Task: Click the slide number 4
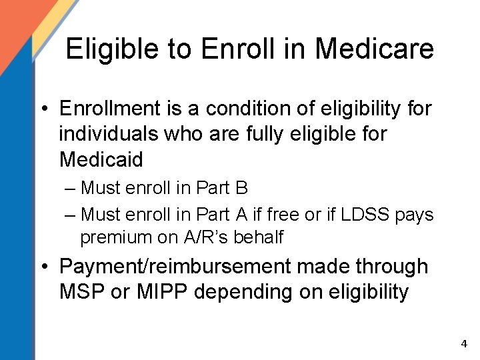tap(464, 344)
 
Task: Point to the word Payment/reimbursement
tap(175, 267)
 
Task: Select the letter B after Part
tap(241, 189)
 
